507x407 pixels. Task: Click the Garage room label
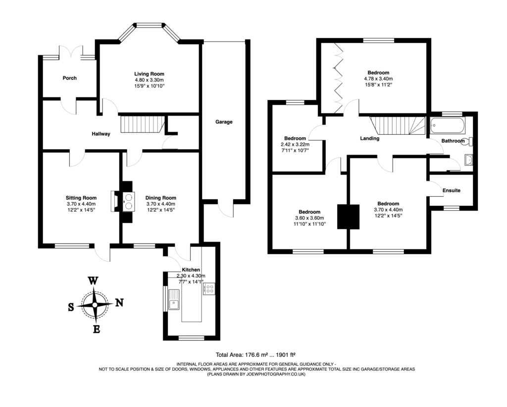(224, 122)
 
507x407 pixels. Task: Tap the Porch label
(69, 78)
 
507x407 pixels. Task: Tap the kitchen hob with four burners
(209, 289)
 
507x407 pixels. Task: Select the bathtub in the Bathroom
(448, 125)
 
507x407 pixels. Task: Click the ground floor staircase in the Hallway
(143, 124)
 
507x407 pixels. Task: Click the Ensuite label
(451, 190)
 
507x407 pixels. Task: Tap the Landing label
(369, 139)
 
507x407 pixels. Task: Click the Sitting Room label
(81, 198)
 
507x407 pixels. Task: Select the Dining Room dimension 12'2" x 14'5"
(161, 210)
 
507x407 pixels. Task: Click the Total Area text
(255, 354)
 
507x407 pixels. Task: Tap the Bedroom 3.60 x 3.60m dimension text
(309, 218)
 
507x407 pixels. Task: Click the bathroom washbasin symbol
(469, 159)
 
